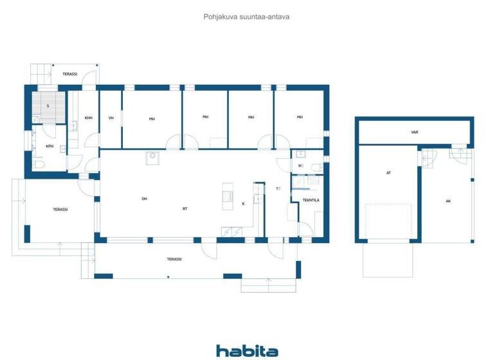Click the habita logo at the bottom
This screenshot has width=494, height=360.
[247, 350]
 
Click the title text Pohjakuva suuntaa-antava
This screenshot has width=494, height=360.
[246, 17]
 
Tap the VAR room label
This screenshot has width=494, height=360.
[415, 132]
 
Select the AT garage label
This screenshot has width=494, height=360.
[389, 172]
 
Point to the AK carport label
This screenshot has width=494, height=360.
[448, 201]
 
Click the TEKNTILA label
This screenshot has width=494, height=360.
[311, 200]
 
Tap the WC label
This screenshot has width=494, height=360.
[300, 165]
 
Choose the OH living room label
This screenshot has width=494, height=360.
[144, 199]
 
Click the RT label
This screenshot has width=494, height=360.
[185, 208]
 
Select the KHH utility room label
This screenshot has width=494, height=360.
[89, 118]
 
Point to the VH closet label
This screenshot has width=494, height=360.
[111, 118]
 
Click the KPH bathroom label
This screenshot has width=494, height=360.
[50, 146]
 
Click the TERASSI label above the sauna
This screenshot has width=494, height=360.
[69, 74]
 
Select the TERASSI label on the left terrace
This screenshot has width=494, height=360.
[60, 209]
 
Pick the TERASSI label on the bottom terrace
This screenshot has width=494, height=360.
[174, 259]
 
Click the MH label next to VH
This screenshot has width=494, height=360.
[152, 118]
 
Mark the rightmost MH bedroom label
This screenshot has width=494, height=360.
[300, 117]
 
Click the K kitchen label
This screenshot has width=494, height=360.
[243, 203]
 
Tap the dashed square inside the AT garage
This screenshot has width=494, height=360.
[388, 222]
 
